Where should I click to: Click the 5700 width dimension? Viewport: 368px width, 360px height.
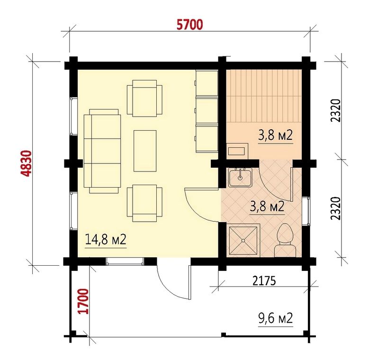tap(189, 25)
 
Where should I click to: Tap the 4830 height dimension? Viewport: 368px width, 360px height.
tap(26, 163)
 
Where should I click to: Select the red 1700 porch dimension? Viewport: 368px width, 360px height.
tap(84, 301)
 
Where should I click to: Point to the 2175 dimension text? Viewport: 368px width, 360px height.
tap(264, 281)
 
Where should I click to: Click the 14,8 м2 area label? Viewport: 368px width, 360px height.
tap(106, 239)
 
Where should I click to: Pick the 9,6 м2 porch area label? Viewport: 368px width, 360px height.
tap(276, 318)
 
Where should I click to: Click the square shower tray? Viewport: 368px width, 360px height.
tap(243, 240)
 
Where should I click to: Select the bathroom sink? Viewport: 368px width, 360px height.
tap(240, 178)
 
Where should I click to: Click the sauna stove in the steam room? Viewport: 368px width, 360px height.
tap(237, 150)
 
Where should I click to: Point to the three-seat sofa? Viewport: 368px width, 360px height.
tap(102, 151)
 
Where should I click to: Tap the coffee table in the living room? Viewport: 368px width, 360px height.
tap(145, 151)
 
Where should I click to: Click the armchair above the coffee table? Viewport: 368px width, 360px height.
tap(144, 99)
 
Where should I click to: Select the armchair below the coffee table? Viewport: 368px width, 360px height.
tap(144, 203)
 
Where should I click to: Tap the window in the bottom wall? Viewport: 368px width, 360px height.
tap(125, 261)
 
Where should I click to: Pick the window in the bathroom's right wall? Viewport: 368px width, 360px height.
tap(306, 211)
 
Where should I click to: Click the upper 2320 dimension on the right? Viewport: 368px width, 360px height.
tap(335, 110)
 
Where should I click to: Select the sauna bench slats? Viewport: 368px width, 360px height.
tap(264, 96)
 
